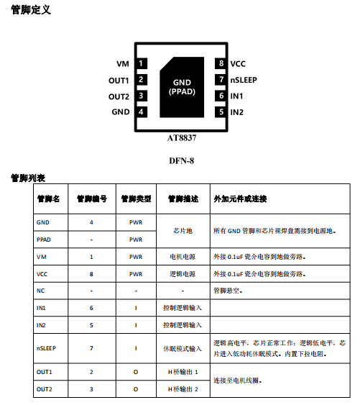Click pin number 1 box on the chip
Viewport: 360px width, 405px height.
pyautogui.click(x=142, y=63)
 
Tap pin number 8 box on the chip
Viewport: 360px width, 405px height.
pyautogui.click(x=221, y=63)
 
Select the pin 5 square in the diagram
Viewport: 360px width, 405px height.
pyautogui.click(x=221, y=112)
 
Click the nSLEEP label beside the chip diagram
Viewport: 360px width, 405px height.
pyautogui.click(x=244, y=80)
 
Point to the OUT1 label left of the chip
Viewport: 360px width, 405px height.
pyautogui.click(x=119, y=81)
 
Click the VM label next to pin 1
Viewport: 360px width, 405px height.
pyautogui.click(x=123, y=64)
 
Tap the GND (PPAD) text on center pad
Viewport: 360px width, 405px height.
pyautogui.click(x=182, y=87)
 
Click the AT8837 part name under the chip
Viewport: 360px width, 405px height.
pyautogui.click(x=182, y=138)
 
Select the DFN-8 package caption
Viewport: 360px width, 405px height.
pyautogui.click(x=182, y=161)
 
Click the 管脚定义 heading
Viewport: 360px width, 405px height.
pyautogui.click(x=31, y=10)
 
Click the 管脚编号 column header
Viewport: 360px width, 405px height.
pyautogui.click(x=92, y=199)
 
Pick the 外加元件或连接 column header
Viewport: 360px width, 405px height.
pyautogui.click(x=240, y=199)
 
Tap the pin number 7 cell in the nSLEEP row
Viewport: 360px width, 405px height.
pyautogui.click(x=91, y=348)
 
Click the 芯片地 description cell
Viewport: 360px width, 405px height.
pyautogui.click(x=183, y=231)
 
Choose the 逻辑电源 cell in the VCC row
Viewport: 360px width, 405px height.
pyautogui.click(x=183, y=274)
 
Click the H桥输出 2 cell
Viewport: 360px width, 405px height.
pyautogui.click(x=183, y=389)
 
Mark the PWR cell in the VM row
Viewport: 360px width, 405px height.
pyautogui.click(x=136, y=257)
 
